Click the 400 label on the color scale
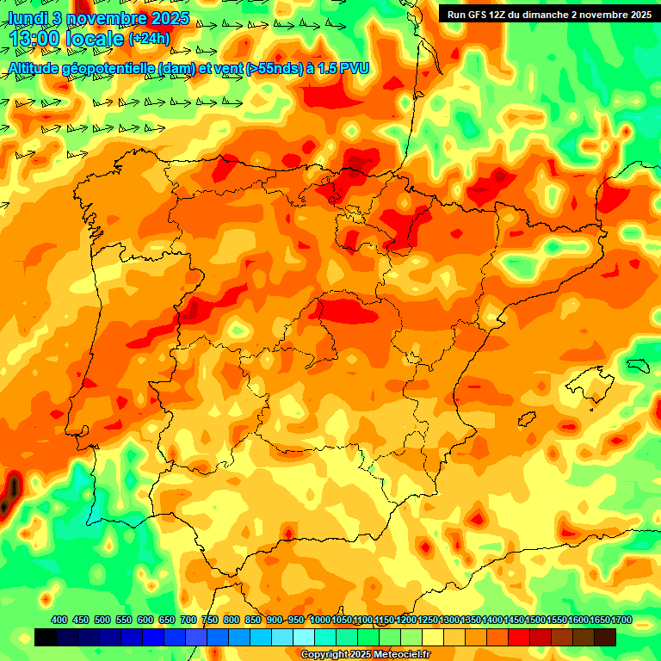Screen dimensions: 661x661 tap(59, 620)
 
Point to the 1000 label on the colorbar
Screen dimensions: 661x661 tap(320, 620)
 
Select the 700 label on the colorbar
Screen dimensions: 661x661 tap(188, 620)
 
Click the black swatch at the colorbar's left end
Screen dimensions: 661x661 tap(46, 638)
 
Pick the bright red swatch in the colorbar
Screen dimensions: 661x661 tap(519, 638)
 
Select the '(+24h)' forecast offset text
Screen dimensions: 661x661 tap(150, 39)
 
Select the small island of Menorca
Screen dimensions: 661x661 tap(637, 365)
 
